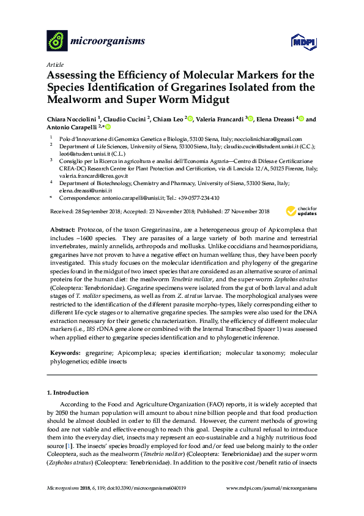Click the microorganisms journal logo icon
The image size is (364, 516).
(x=58, y=40)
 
